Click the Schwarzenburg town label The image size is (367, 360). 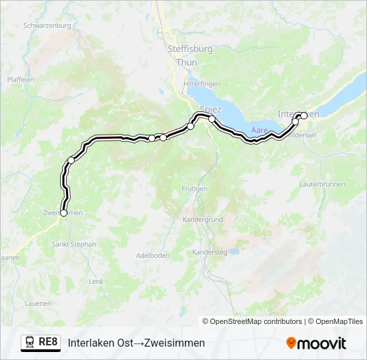click(47, 25)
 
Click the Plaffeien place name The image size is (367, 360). click(20, 79)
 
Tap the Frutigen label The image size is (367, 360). click(194, 189)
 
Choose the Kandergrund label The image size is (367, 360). click(203, 219)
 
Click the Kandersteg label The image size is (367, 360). click(210, 252)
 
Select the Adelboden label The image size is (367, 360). click(153, 255)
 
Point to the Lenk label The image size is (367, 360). click(96, 282)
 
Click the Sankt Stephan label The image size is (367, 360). click(74, 245)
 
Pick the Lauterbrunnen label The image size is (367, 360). click(321, 183)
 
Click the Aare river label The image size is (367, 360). click(260, 130)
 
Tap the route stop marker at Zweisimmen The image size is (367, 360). click(64, 213)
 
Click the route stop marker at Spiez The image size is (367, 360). click(212, 119)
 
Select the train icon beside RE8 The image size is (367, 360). click(30, 342)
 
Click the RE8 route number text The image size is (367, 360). click(48, 342)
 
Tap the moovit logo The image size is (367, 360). click(316, 343)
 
